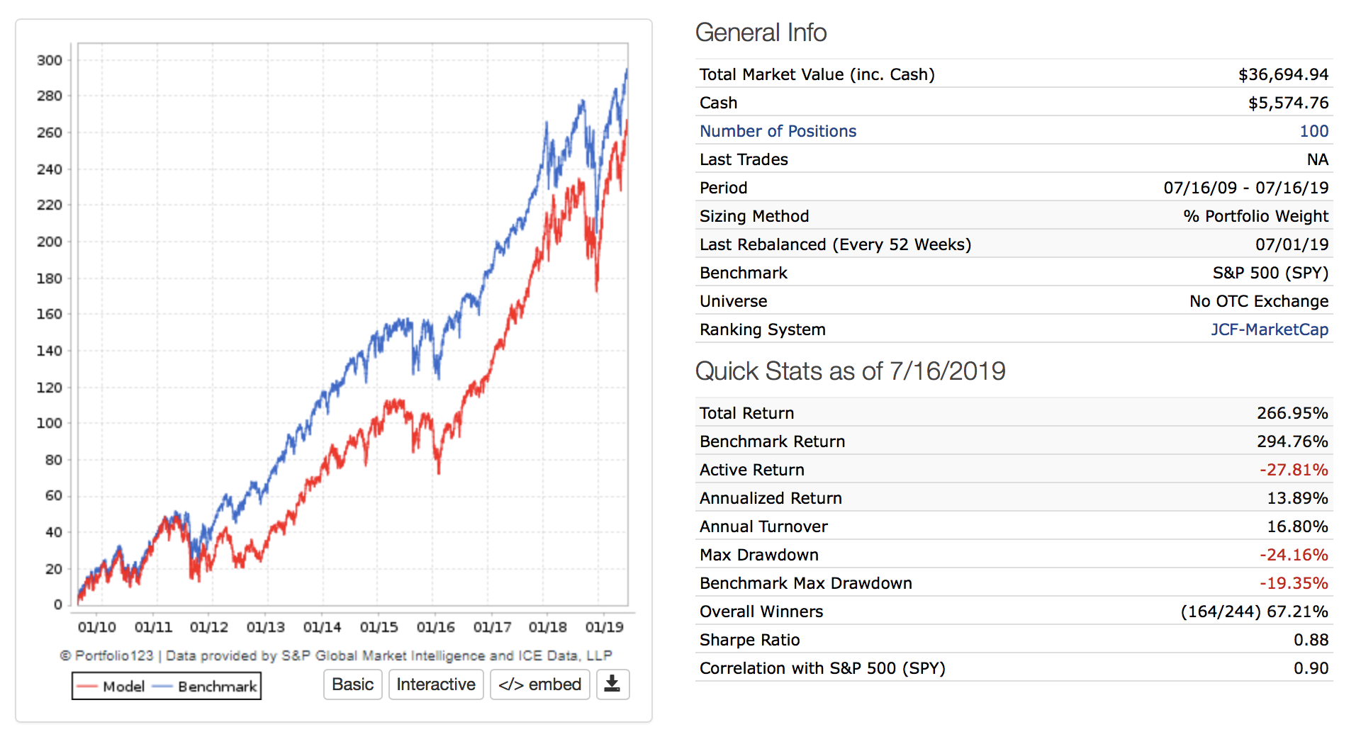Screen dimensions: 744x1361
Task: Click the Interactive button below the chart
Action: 436,684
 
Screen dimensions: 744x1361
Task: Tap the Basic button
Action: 352,684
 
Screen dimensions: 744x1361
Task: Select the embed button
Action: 539,684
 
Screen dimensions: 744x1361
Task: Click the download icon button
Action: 612,684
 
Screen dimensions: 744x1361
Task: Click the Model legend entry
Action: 111,686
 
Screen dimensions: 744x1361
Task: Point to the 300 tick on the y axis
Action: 50,60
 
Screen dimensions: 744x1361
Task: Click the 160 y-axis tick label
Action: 50,314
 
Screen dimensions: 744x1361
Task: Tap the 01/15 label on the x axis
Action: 379,627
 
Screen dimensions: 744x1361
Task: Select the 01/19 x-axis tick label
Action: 604,627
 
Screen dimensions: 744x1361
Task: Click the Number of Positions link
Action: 778,131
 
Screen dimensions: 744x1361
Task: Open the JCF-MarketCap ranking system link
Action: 1269,329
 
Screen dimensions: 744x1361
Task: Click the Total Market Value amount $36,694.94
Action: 1283,74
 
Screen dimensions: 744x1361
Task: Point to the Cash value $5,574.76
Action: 1288,103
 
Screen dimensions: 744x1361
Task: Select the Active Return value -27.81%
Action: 1294,470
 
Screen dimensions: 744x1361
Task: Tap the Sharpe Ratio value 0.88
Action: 1311,640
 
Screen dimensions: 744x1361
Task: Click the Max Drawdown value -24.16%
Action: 1294,555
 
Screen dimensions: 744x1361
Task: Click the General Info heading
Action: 761,33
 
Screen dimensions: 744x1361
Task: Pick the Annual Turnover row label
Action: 763,526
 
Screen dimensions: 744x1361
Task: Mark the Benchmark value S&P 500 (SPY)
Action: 1270,273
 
